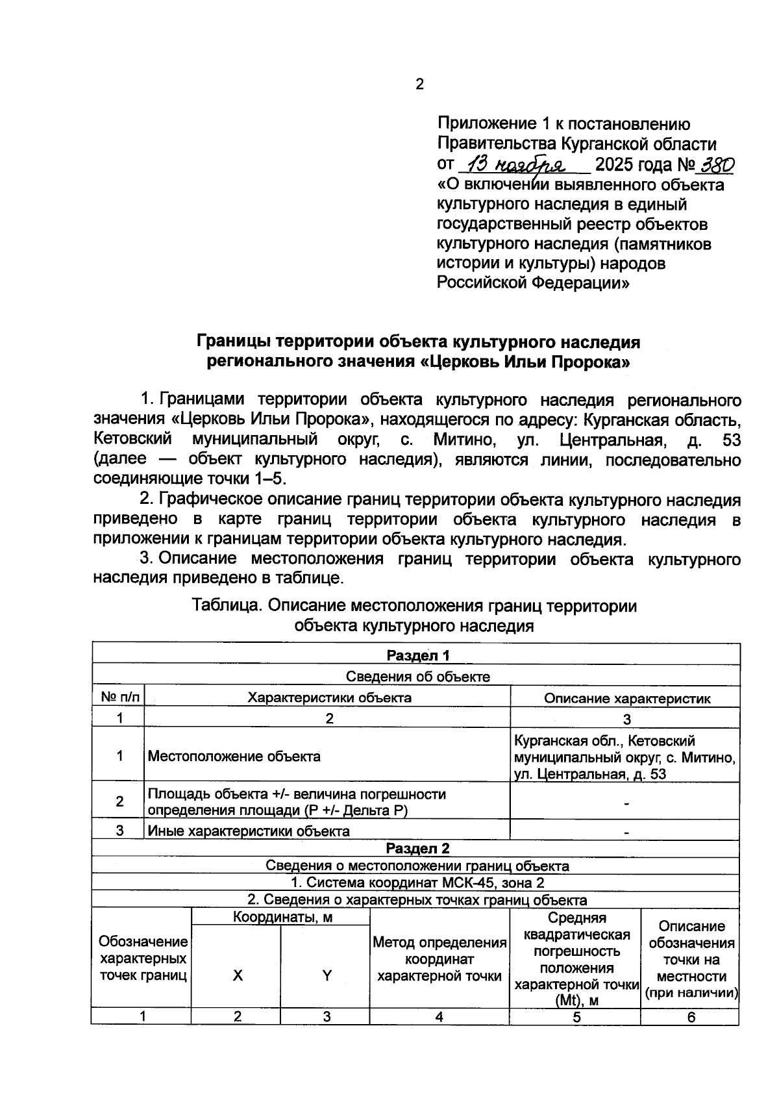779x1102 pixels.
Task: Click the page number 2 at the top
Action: (419, 84)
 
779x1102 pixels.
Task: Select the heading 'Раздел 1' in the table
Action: (417, 655)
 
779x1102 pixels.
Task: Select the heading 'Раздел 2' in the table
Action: (417, 848)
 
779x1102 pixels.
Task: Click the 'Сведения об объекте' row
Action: (417, 677)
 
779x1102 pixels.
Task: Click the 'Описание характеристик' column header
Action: (626, 699)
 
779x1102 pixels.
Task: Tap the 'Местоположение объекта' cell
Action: (234, 756)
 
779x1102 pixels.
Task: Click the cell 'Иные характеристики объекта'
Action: (249, 831)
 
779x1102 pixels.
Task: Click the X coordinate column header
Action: (238, 975)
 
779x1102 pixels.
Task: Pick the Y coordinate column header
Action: (327, 975)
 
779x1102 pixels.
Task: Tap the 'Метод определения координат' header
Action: (439, 959)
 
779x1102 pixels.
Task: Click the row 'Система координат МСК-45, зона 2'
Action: (417, 883)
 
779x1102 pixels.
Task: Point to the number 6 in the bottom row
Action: (691, 1017)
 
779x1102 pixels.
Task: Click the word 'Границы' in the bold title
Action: (234, 342)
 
